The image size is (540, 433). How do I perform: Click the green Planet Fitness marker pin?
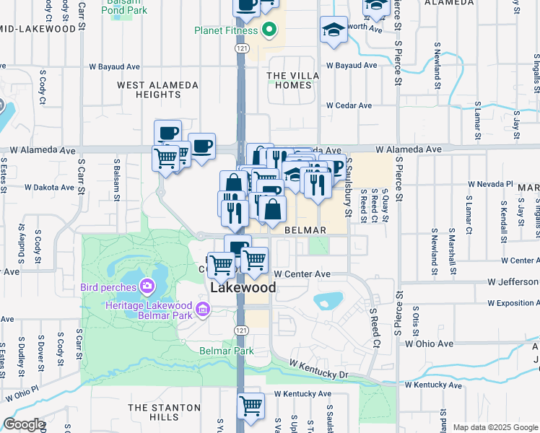tap(269, 30)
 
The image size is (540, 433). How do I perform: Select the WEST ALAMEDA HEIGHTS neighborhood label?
tap(157, 89)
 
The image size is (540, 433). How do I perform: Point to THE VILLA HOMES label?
tap(289, 80)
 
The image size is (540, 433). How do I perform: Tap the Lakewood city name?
tap(243, 287)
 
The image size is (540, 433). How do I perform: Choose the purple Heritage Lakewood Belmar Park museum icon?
tap(203, 310)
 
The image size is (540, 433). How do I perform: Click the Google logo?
tap(23, 424)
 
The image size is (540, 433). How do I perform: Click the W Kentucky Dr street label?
tap(319, 368)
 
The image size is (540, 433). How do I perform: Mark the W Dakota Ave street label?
tap(49, 187)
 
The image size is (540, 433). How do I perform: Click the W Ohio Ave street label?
tap(432, 344)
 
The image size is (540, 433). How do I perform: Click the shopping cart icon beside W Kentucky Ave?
tap(250, 405)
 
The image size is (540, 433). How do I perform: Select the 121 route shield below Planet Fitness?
tap(240, 47)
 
